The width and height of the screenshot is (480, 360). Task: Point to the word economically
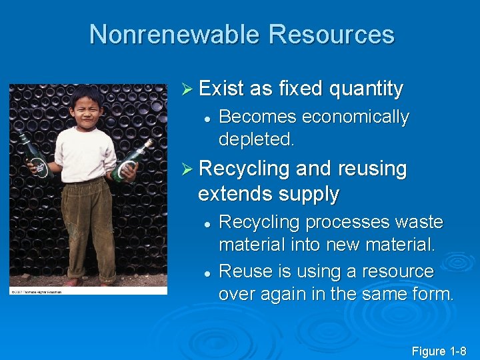click(x=355, y=117)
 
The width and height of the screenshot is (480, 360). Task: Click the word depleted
click(x=256, y=140)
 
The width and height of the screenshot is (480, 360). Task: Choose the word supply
click(x=307, y=195)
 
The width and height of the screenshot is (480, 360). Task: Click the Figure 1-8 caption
click(x=439, y=351)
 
